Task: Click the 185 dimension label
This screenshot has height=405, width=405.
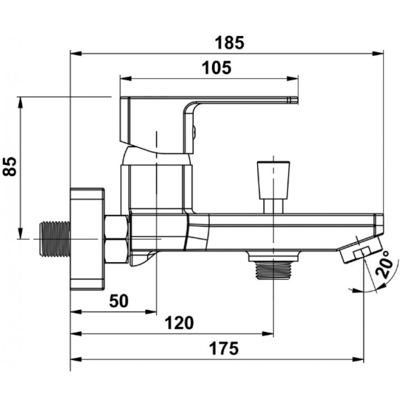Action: [229, 43]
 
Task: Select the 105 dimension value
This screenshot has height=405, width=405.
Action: [217, 68]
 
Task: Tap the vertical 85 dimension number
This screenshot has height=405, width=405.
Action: [10, 166]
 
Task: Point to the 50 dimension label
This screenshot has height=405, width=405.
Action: [119, 301]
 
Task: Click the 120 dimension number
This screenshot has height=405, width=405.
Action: [179, 323]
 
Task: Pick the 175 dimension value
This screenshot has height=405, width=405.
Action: [224, 348]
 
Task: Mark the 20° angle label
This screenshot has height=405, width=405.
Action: [385, 265]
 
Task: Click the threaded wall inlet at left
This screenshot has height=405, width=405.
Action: [55, 239]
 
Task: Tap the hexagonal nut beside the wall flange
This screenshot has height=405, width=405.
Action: [116, 239]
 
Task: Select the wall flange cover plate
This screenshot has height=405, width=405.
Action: [87, 239]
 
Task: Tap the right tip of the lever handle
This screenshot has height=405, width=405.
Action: [298, 100]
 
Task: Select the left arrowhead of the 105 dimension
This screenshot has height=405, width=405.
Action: [126, 79]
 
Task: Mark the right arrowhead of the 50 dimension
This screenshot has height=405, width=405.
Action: [151, 312]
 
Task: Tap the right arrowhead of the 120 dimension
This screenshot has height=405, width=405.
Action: [268, 334]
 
